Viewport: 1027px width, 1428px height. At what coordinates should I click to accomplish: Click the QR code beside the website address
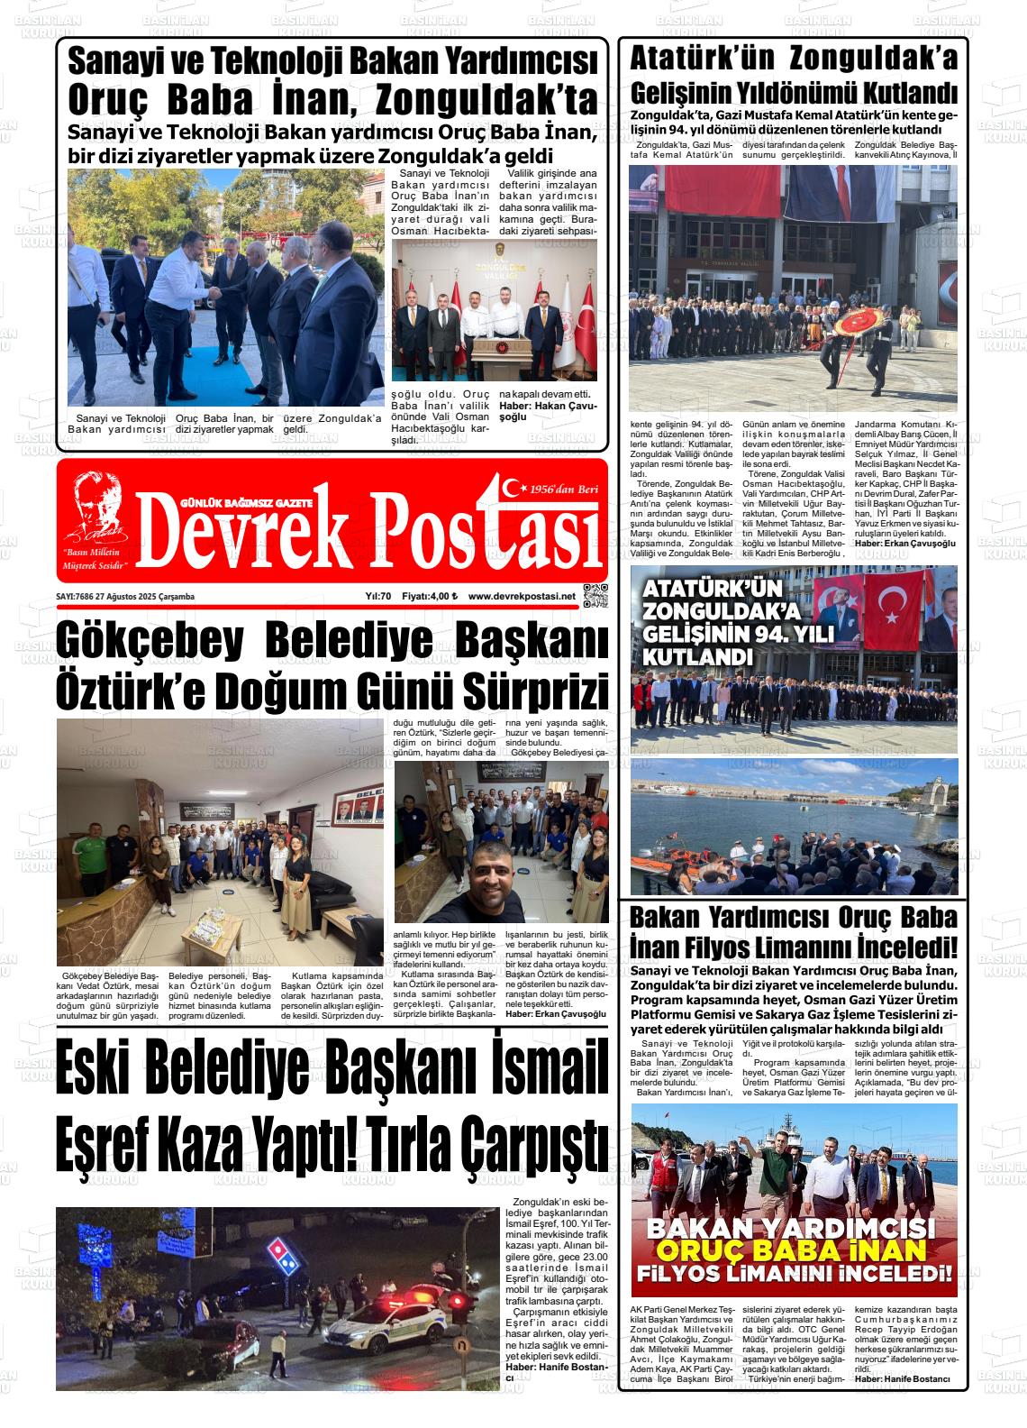(x=596, y=596)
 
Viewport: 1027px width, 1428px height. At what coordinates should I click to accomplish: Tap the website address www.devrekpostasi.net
(x=521, y=596)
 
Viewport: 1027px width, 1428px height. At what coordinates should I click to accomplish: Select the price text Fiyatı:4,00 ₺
(x=430, y=596)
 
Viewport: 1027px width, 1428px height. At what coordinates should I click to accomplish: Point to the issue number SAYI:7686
(x=75, y=596)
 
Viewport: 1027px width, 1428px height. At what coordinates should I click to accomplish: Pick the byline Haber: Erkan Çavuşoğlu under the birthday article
(x=556, y=1014)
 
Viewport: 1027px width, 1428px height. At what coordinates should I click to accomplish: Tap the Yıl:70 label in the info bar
(x=378, y=596)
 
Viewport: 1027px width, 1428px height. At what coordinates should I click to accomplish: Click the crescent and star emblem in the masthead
(x=514, y=488)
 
